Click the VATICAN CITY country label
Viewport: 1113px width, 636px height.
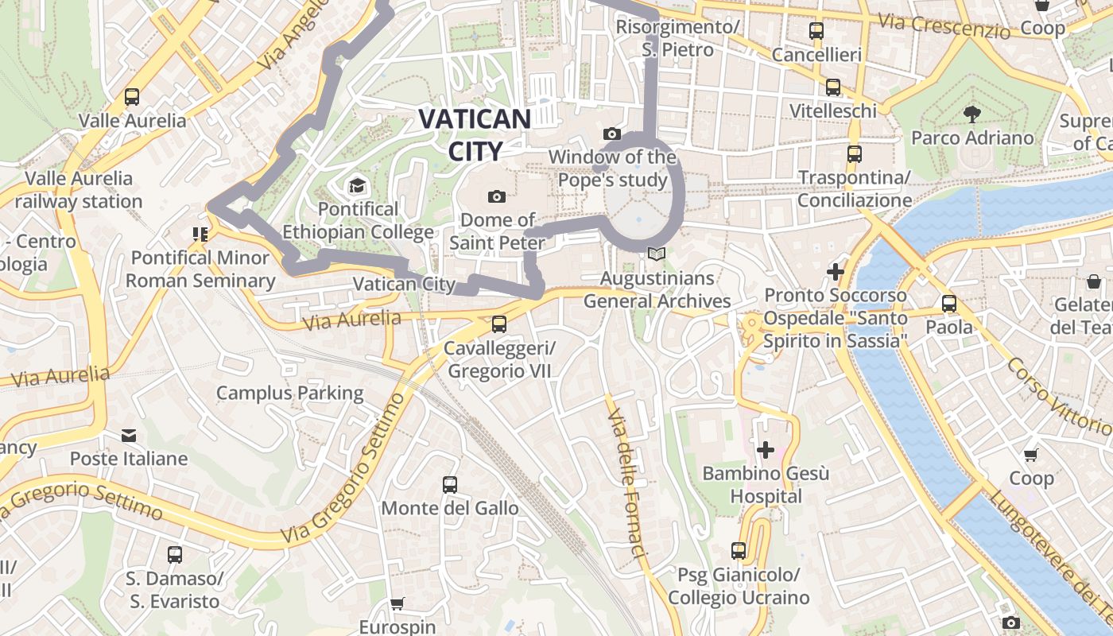click(475, 134)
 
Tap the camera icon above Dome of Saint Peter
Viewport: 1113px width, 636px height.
click(497, 196)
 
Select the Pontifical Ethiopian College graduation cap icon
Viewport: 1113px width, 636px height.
click(357, 186)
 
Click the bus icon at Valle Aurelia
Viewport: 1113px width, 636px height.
click(132, 98)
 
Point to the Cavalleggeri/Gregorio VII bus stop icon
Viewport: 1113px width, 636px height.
click(498, 324)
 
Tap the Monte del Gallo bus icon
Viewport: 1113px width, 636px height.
click(449, 484)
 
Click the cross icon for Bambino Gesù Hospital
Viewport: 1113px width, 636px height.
click(765, 451)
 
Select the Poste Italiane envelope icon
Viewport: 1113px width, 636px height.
click(129, 436)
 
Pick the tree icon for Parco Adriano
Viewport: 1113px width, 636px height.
click(971, 114)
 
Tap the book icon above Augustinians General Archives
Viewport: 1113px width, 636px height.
click(656, 254)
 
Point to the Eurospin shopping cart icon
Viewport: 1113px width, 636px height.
click(397, 603)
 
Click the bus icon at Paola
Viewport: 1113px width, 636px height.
click(948, 303)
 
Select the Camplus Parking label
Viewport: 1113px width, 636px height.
click(289, 393)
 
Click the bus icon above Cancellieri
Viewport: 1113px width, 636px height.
click(816, 31)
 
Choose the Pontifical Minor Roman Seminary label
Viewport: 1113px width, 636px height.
click(200, 269)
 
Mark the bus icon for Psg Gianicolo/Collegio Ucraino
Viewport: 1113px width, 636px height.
click(739, 550)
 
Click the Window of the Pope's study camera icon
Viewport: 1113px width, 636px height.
click(611, 134)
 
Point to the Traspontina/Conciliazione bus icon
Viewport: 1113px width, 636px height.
click(855, 153)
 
